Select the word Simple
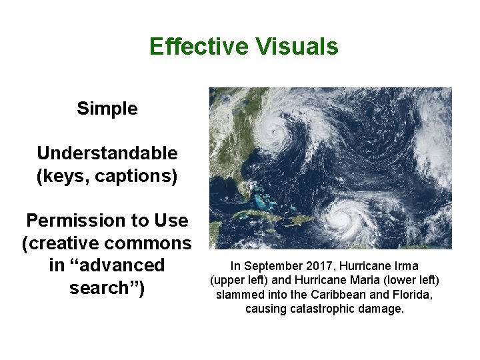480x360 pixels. [x=107, y=109]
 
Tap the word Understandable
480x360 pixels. [x=107, y=153]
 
